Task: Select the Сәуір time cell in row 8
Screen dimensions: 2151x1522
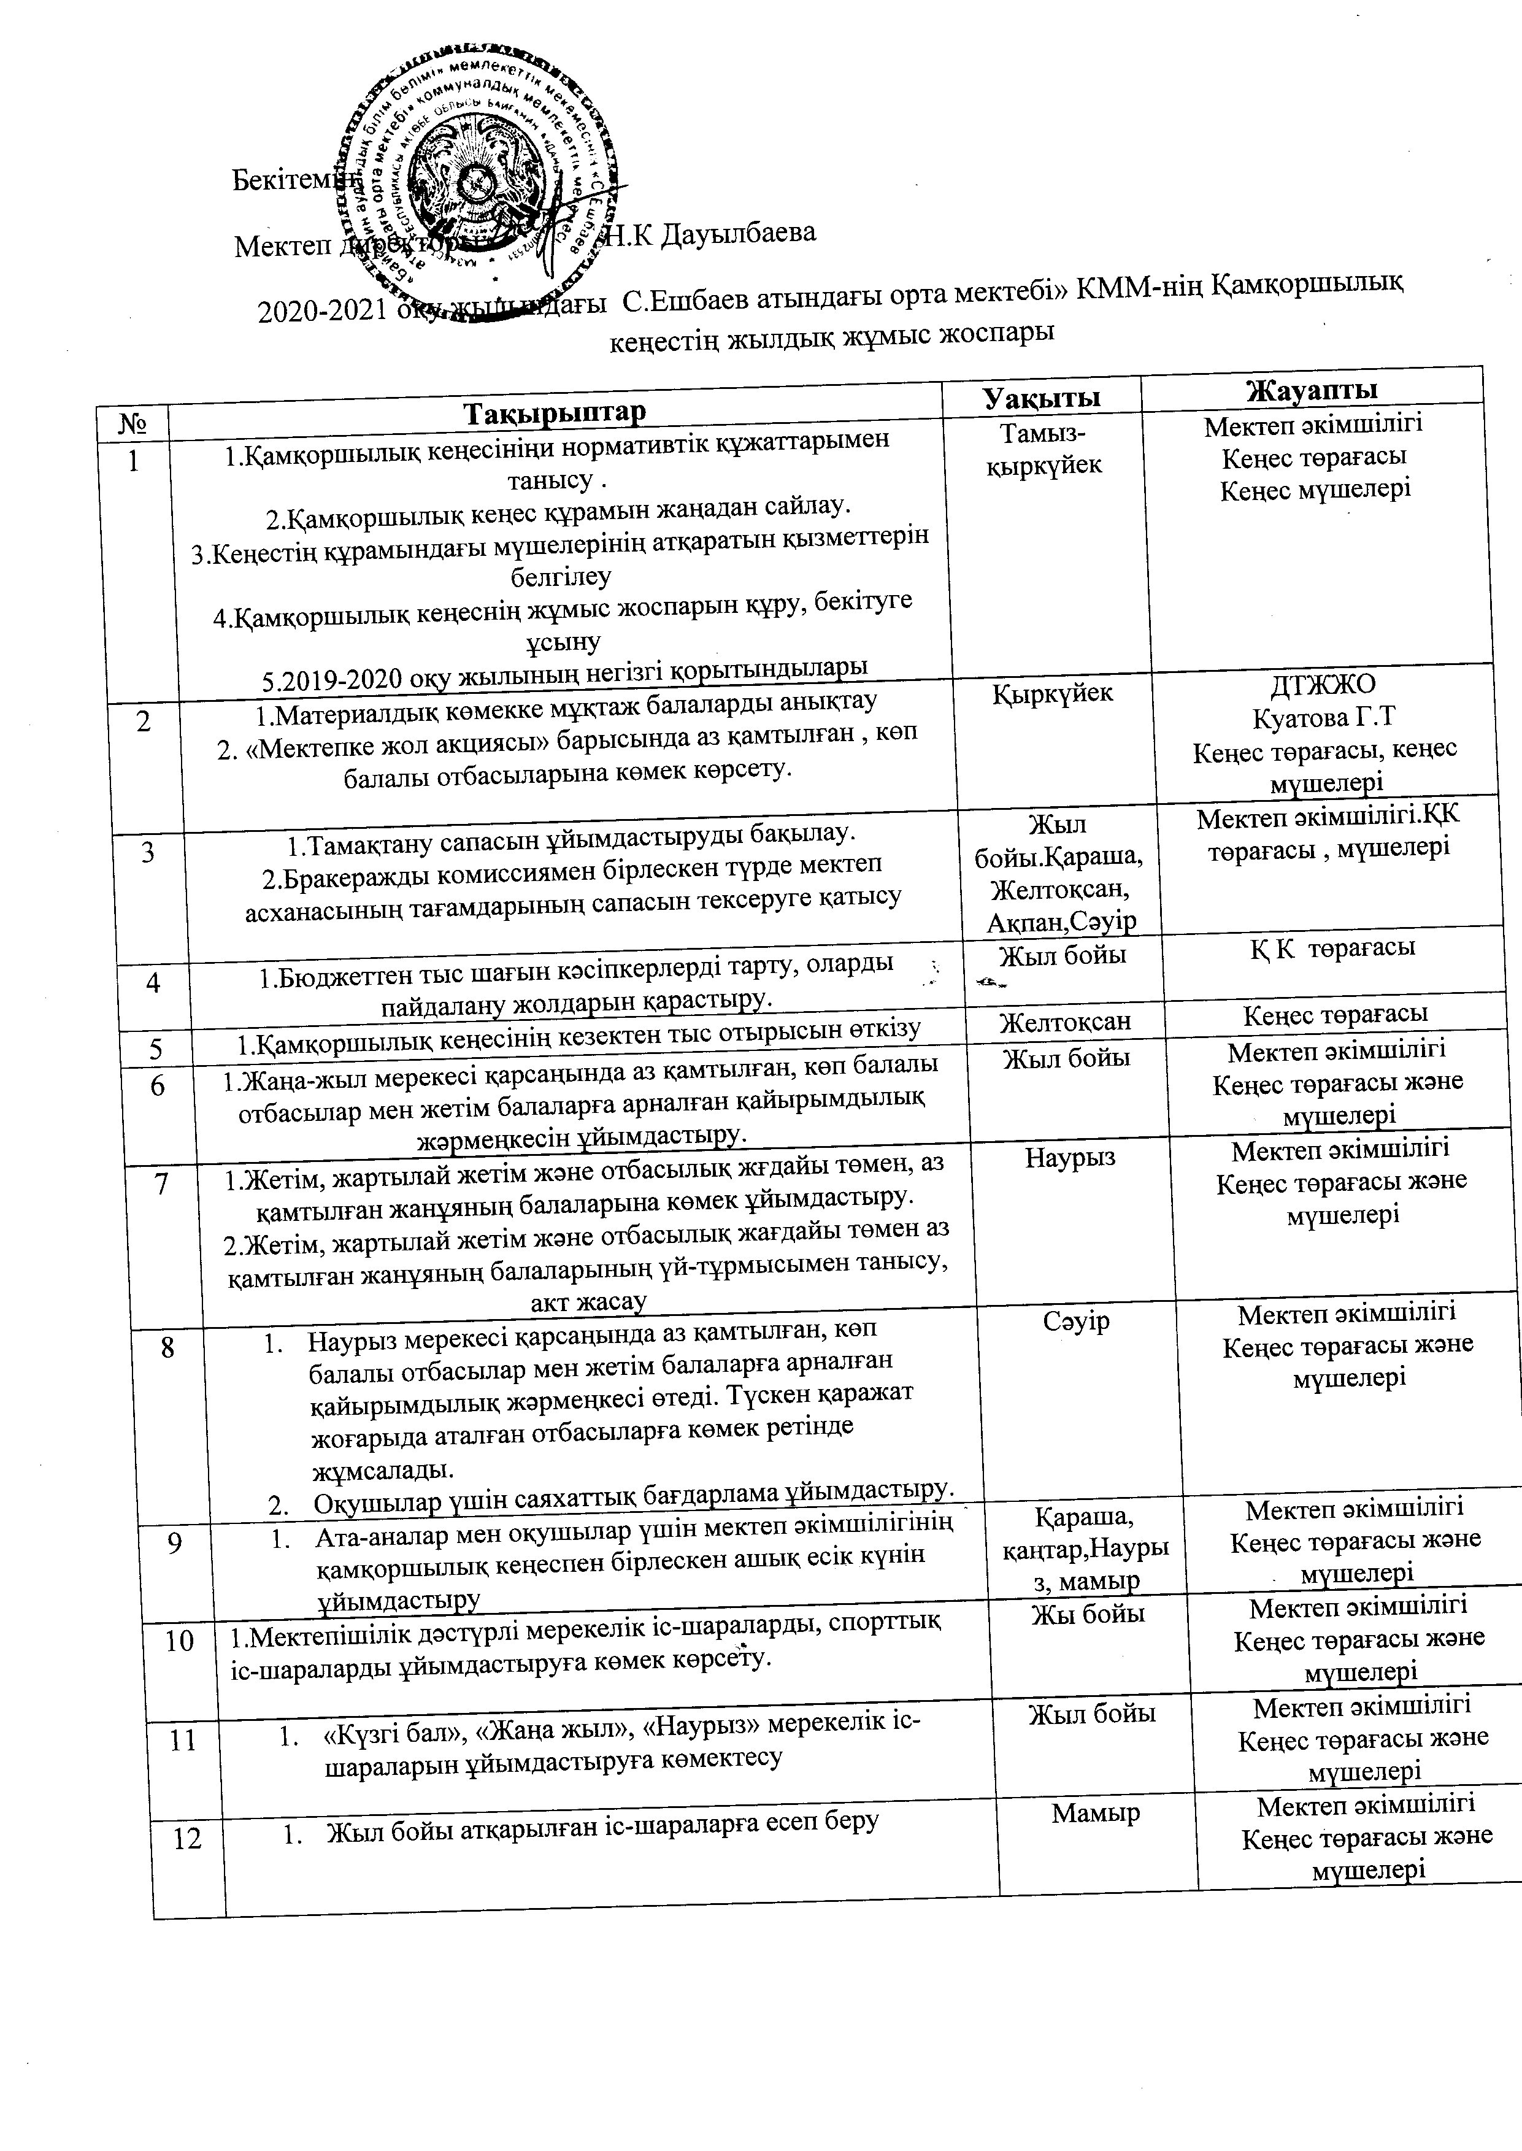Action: [1076, 1322]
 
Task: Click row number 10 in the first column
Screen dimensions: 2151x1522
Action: [179, 1640]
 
